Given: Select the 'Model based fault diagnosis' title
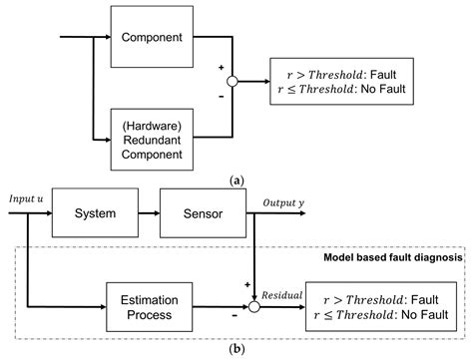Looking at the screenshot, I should [380, 258].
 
